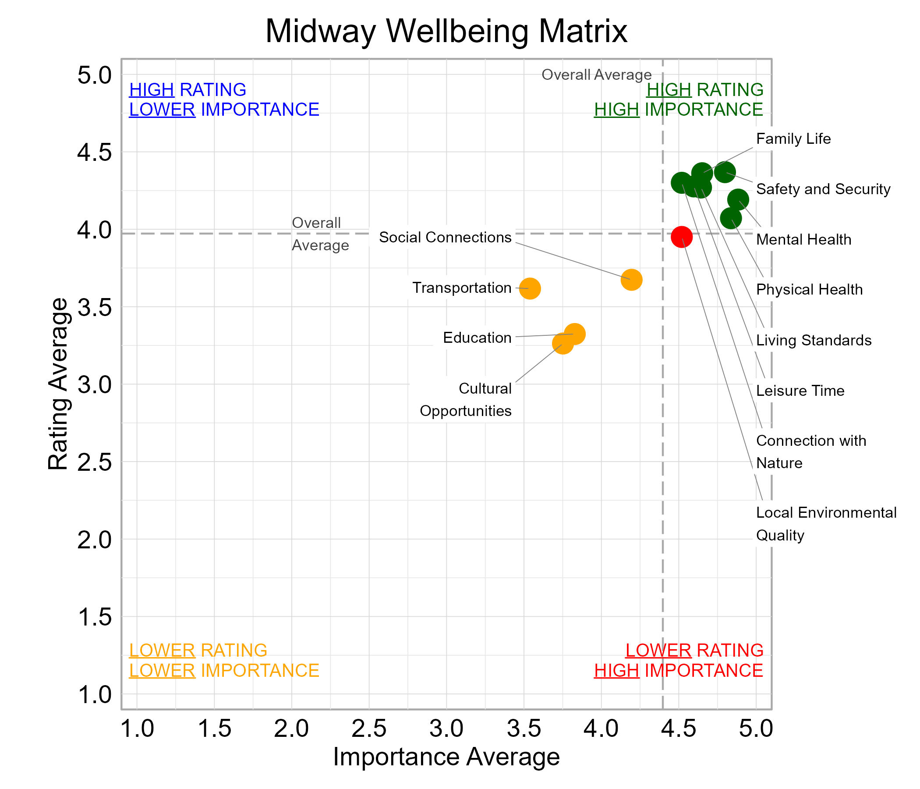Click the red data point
(682, 237)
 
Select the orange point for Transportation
(530, 289)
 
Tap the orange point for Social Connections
(631, 280)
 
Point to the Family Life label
(793, 139)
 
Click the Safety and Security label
(823, 189)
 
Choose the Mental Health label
(803, 240)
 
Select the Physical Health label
(809, 290)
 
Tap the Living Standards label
(814, 341)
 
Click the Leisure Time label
(800, 391)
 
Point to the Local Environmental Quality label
(826, 524)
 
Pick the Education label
(477, 338)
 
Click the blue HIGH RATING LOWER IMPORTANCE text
(224, 100)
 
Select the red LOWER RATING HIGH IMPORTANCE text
(679, 661)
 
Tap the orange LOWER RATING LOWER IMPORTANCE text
(224, 661)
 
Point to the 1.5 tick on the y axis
(94, 618)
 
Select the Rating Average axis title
(58, 384)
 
